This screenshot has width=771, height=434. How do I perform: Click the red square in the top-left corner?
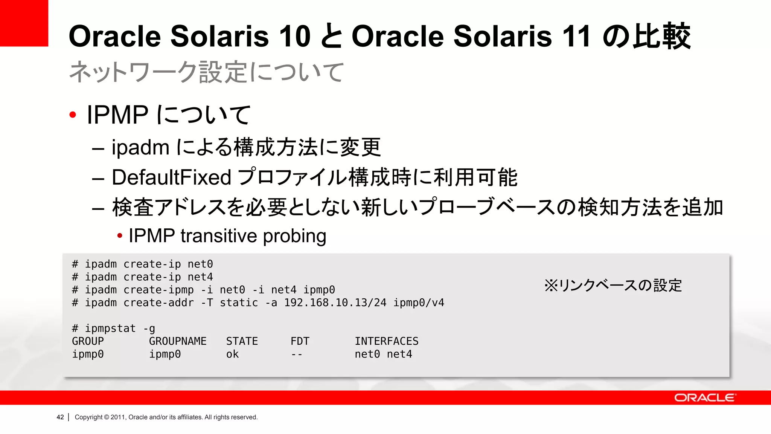click(x=24, y=23)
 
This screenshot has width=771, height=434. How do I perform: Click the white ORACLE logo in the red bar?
click(x=704, y=398)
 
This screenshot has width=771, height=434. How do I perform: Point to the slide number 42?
click(x=60, y=417)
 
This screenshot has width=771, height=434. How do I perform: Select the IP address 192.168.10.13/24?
click(x=335, y=303)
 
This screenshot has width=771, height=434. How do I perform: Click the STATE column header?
click(x=242, y=341)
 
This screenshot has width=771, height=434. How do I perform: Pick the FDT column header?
click(x=300, y=341)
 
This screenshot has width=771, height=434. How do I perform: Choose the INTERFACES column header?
click(x=386, y=341)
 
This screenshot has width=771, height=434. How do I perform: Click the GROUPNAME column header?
click(x=178, y=341)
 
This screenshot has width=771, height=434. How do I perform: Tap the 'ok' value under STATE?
click(x=232, y=354)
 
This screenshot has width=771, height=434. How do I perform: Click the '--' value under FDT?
click(x=297, y=354)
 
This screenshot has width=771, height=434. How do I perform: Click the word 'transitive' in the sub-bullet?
click(x=219, y=236)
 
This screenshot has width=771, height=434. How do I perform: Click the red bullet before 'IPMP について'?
click(x=73, y=115)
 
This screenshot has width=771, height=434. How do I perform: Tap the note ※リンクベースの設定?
click(x=613, y=285)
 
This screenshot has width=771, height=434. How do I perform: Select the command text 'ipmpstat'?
click(x=110, y=329)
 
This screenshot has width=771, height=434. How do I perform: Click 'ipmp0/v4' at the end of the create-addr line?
click(x=419, y=303)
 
